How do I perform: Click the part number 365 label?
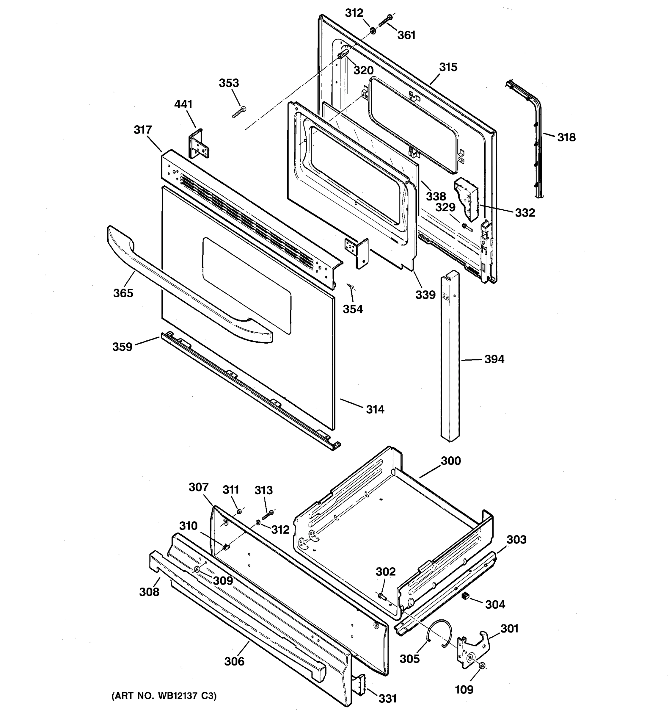click(x=123, y=293)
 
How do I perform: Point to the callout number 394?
click(x=494, y=359)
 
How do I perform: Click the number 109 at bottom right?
click(x=464, y=690)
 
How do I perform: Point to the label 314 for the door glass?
click(x=375, y=409)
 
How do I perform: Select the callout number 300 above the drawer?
click(x=450, y=461)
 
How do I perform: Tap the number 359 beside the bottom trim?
click(x=123, y=347)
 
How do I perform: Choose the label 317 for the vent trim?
click(x=143, y=130)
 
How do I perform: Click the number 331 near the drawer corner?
click(x=388, y=698)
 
